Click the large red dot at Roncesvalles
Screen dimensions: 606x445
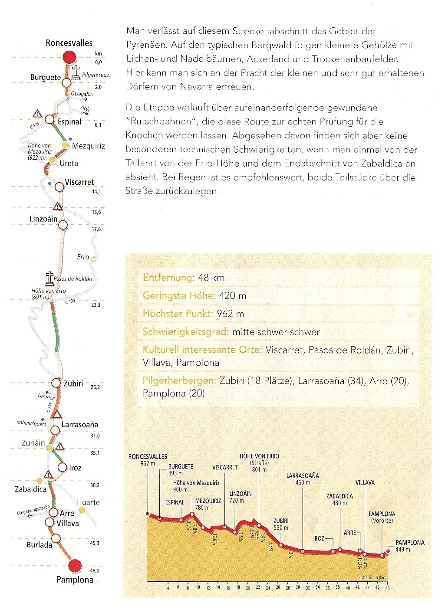[69, 58]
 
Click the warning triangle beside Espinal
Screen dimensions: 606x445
[37, 115]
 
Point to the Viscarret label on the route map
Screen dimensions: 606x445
[79, 182]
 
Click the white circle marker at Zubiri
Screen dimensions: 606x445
[56, 383]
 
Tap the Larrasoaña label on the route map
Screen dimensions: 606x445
[80, 425]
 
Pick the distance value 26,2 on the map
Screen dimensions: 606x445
[96, 387]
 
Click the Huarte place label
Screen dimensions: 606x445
[88, 502]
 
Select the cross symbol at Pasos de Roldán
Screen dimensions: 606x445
[50, 278]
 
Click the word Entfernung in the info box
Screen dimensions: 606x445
[168, 278]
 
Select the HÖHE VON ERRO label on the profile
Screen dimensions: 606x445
[259, 456]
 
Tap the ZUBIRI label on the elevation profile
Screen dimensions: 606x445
[281, 521]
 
